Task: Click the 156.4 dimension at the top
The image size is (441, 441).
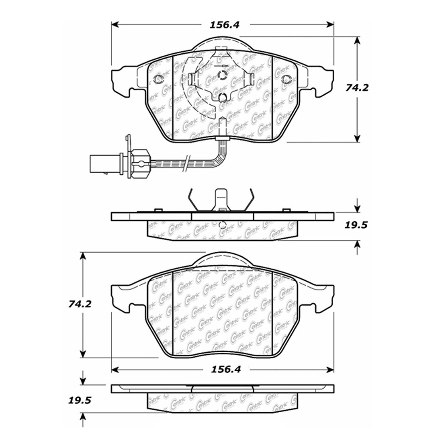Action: pyautogui.click(x=224, y=25)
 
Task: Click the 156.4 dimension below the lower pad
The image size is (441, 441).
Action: pyautogui.click(x=225, y=370)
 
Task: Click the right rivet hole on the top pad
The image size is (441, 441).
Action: pyautogui.click(x=286, y=79)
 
